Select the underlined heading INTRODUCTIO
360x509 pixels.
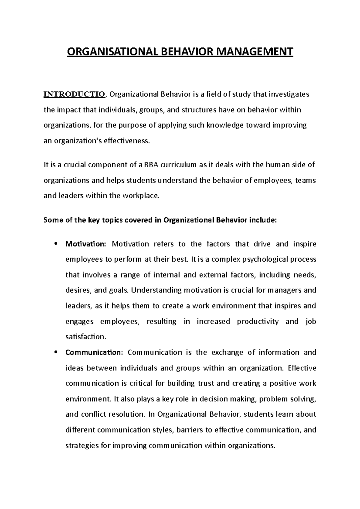tap(75, 94)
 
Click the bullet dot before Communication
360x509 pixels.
tap(55, 352)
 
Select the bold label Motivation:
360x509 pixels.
tap(86, 244)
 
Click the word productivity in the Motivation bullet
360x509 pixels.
tap(258, 322)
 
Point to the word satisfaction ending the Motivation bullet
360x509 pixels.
tap(86, 337)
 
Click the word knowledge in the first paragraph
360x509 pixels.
tap(225, 125)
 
